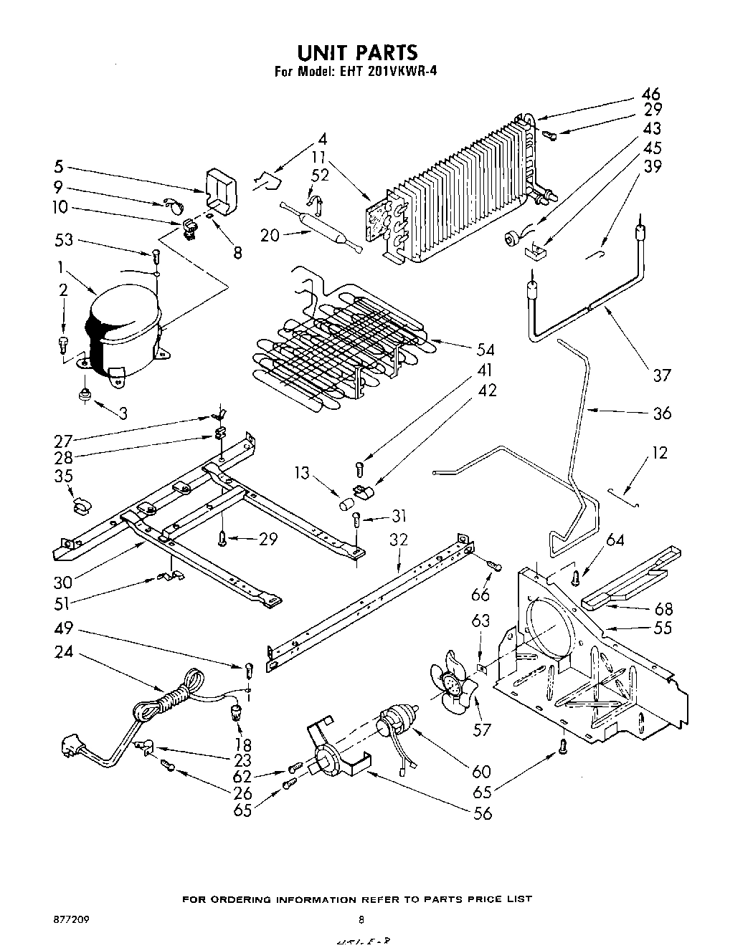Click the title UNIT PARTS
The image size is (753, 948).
(x=356, y=53)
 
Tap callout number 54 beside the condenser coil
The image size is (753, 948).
(x=486, y=350)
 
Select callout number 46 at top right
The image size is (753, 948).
(x=650, y=94)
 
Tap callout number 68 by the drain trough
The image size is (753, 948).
(x=664, y=609)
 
